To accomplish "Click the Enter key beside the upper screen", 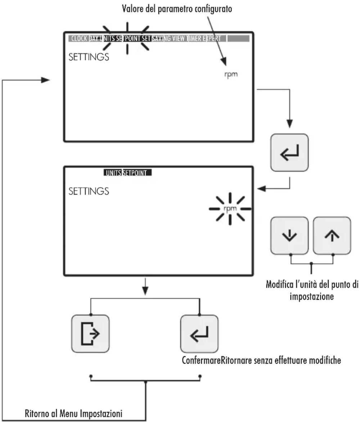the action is click(289, 153).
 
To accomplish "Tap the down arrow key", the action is click(289, 236).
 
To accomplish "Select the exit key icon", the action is click(90, 334).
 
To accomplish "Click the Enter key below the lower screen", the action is click(199, 334).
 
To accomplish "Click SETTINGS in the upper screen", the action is click(89, 57).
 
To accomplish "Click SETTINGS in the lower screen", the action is click(89, 191).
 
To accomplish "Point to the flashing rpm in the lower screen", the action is click(230, 209).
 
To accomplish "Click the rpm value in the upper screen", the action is click(231, 74).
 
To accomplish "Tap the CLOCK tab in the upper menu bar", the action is click(79, 38).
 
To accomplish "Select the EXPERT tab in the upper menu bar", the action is click(212, 38).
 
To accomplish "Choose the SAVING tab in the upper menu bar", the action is click(161, 38).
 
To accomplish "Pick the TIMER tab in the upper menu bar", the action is click(194, 38).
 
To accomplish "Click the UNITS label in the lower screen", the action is click(113, 173).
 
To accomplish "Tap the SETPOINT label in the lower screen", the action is click(135, 173).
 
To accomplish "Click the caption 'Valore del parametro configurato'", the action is click(177, 9).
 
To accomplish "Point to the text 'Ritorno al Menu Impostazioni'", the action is click(73, 413).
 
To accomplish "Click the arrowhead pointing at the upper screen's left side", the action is click(45, 80).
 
